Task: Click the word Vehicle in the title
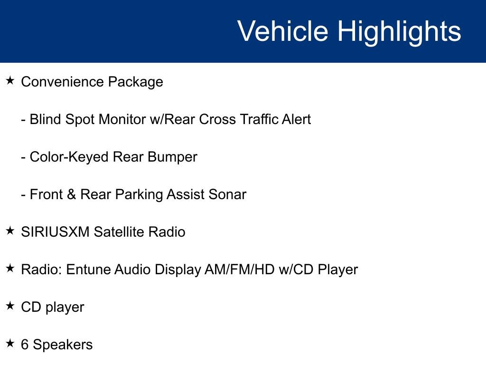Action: click(x=282, y=31)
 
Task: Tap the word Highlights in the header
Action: click(x=399, y=31)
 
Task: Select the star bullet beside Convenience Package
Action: click(x=10, y=81)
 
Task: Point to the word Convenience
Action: click(x=62, y=82)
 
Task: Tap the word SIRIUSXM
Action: click(x=55, y=232)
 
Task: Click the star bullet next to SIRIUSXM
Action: click(x=10, y=231)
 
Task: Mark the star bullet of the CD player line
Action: click(x=10, y=306)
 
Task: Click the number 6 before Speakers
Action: click(x=25, y=345)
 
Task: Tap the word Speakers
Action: click(x=63, y=345)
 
